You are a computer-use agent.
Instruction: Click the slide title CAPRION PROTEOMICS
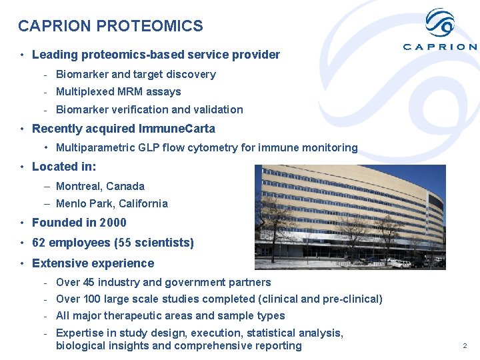pos(111,26)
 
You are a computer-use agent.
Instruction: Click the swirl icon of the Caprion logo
pos(440,25)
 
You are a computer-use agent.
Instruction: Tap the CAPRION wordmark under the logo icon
pos(440,47)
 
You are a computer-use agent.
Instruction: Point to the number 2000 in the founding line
pos(113,223)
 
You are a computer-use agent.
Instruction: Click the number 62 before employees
pos(39,243)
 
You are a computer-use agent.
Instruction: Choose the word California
pos(143,203)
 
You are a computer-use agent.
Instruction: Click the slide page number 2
pos(465,346)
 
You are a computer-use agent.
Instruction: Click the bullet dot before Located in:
pos(23,167)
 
